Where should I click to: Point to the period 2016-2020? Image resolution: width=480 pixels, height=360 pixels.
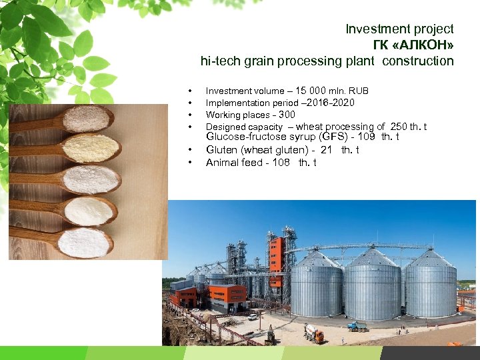(x=331, y=103)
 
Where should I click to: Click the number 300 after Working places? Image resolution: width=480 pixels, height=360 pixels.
(x=287, y=115)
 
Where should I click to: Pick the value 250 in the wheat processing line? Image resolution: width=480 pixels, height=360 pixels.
(x=399, y=127)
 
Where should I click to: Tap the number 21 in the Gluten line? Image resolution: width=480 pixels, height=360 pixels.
(x=326, y=150)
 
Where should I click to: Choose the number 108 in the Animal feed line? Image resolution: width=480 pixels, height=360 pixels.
(x=280, y=163)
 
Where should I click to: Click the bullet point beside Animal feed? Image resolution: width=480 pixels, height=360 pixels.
(x=191, y=163)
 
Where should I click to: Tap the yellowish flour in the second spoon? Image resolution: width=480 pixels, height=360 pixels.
(x=91, y=148)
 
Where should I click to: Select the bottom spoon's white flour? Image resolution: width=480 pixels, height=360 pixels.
(x=83, y=242)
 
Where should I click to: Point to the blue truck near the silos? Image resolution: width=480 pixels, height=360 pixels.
(x=357, y=326)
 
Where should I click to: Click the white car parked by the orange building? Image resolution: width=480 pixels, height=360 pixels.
(x=253, y=317)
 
